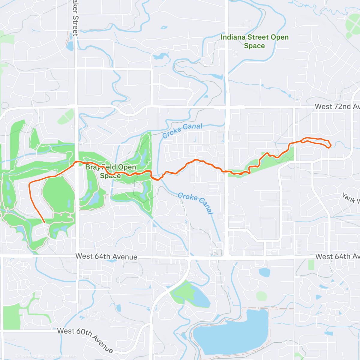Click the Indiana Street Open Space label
[x=254, y=41]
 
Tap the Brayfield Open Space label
[x=111, y=171]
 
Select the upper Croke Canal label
[x=182, y=130]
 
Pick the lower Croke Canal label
[x=196, y=203]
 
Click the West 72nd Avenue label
[x=337, y=106]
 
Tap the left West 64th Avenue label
[x=106, y=256]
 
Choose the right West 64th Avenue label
[x=337, y=256]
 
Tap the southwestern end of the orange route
[x=44, y=222]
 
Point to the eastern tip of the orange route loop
[x=330, y=146]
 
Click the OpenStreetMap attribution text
[x=63, y=356]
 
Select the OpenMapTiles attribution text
[x=31, y=356]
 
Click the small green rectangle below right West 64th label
[x=311, y=265]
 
